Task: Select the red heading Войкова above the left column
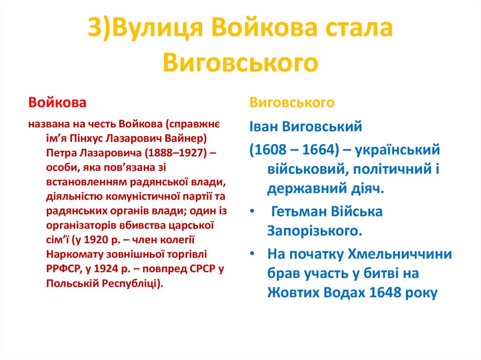coord(57,102)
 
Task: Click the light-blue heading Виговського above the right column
coord(292,102)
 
